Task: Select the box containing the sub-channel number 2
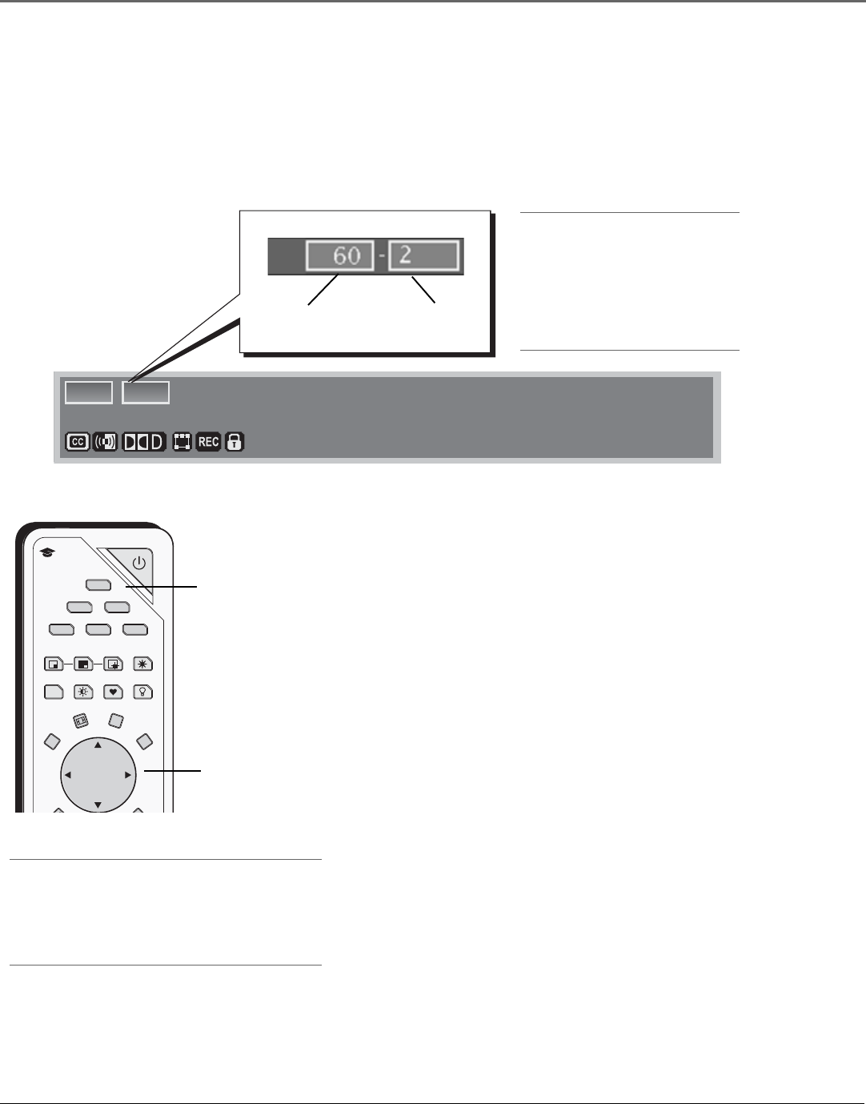click(x=423, y=257)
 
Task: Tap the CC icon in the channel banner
click(x=78, y=442)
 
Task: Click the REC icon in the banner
click(x=208, y=442)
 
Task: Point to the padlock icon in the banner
click(x=234, y=442)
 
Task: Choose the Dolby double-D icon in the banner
click(x=144, y=442)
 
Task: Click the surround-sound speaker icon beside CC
click(x=105, y=442)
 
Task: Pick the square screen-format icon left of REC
click(x=182, y=442)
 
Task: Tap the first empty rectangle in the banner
click(x=88, y=392)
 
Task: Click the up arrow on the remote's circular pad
click(x=98, y=745)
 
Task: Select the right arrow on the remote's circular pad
click(x=127, y=775)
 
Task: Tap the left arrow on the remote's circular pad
click(x=68, y=775)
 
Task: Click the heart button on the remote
click(x=114, y=692)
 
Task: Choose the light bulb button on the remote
click(x=142, y=692)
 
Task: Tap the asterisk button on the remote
click(x=142, y=664)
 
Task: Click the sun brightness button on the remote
click(x=83, y=692)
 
